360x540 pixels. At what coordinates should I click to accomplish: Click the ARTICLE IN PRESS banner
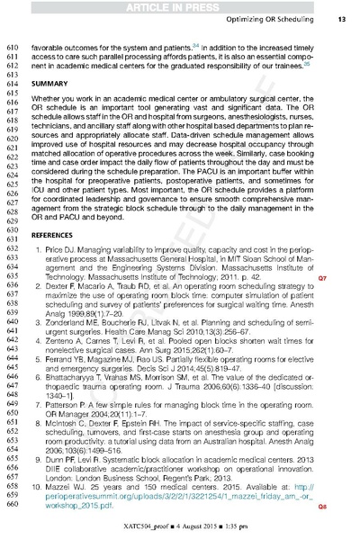179,7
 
